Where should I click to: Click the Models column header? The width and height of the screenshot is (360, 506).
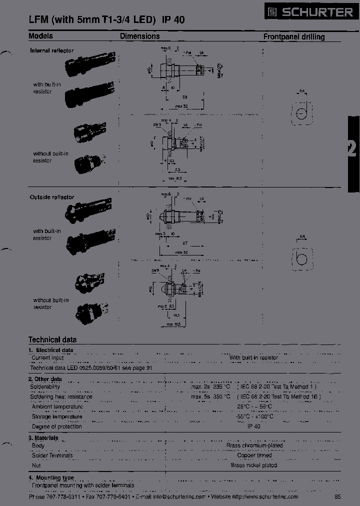[40, 36]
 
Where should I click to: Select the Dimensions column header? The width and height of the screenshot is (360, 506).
[139, 36]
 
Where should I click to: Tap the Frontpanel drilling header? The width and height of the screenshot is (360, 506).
[293, 36]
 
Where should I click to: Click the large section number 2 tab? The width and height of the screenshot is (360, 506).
[352, 149]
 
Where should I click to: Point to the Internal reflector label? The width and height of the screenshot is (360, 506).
[51, 50]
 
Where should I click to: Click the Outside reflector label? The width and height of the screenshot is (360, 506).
[52, 197]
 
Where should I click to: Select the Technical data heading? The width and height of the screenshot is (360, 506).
[52, 339]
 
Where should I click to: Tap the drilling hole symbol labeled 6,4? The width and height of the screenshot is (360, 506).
[301, 257]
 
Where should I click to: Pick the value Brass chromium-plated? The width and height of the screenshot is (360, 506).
[254, 445]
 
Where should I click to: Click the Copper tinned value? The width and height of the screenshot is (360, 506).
[254, 455]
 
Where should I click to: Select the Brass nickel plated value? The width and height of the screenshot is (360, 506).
[254, 465]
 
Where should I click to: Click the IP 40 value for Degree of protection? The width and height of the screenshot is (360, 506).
[254, 426]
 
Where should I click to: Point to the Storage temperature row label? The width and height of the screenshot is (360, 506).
[57, 416]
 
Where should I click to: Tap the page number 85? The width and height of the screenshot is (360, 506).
[337, 496]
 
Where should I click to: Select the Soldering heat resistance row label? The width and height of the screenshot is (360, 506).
[62, 396]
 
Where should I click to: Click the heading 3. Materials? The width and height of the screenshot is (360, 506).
[43, 437]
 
